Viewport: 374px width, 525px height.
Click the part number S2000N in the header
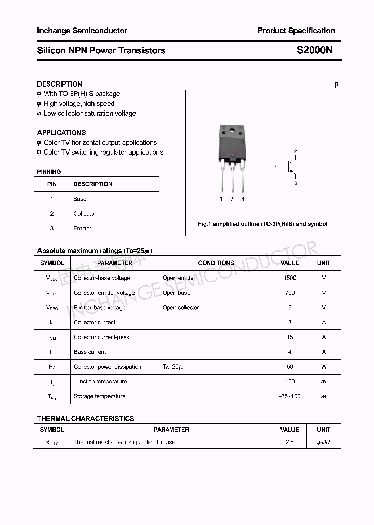pyautogui.click(x=315, y=50)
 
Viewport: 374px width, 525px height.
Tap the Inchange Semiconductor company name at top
pyautogui.click(x=82, y=31)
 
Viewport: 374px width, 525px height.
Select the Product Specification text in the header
pyautogui.click(x=296, y=31)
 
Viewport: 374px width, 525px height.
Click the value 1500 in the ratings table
pyautogui.click(x=290, y=278)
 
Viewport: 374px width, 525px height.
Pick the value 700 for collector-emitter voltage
pyautogui.click(x=290, y=293)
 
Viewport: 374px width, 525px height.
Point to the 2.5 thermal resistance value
pyautogui.click(x=290, y=442)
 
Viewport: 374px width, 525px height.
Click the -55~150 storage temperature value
pyautogui.click(x=290, y=396)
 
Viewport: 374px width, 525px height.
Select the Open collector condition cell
pyautogui.click(x=181, y=308)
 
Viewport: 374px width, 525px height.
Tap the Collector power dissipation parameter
pyautogui.click(x=108, y=367)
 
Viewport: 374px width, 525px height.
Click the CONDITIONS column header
pyautogui.click(x=216, y=263)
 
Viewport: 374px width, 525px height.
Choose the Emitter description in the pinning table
pyautogui.click(x=82, y=228)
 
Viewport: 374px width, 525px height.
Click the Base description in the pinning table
pyautogui.click(x=80, y=199)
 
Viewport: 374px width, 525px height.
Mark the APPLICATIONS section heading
pyautogui.click(x=61, y=133)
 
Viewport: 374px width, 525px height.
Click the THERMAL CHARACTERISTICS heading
pyautogui.click(x=86, y=418)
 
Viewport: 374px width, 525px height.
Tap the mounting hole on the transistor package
pyautogui.click(x=231, y=130)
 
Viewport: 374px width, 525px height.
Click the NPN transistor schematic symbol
pyautogui.click(x=289, y=167)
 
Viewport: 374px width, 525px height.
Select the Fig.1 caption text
pyautogui.click(x=263, y=224)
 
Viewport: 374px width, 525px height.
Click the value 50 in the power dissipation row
pyautogui.click(x=290, y=367)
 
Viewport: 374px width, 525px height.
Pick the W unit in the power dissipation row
pyautogui.click(x=324, y=367)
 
